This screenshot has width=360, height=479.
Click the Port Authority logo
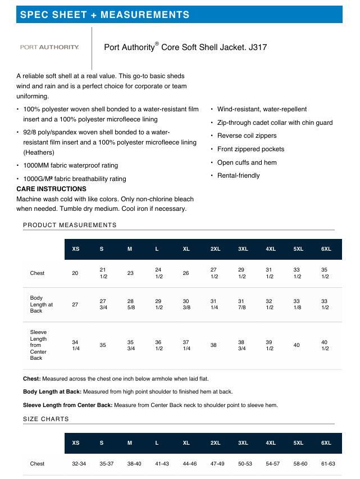[49, 47]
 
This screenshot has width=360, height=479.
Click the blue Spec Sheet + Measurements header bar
[179, 15]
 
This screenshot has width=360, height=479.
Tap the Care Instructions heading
[51, 189]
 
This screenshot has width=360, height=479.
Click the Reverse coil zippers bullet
[247, 135]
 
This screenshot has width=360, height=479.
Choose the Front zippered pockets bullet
[250, 149]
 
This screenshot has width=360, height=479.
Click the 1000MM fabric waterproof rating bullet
[70, 165]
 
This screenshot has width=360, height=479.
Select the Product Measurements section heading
[70, 225]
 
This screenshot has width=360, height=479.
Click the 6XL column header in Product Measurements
[326, 249]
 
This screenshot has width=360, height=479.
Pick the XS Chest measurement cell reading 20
[75, 273]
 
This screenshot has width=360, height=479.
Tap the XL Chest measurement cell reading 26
[186, 273]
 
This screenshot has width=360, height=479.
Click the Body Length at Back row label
[41, 304]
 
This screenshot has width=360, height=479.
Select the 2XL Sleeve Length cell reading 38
[213, 345]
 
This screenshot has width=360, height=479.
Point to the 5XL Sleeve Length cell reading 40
[297, 345]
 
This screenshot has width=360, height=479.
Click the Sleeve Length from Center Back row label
[38, 345]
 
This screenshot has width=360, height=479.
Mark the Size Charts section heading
[46, 419]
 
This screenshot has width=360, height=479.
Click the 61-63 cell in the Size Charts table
[327, 464]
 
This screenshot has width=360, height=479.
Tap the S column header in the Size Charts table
[102, 443]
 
